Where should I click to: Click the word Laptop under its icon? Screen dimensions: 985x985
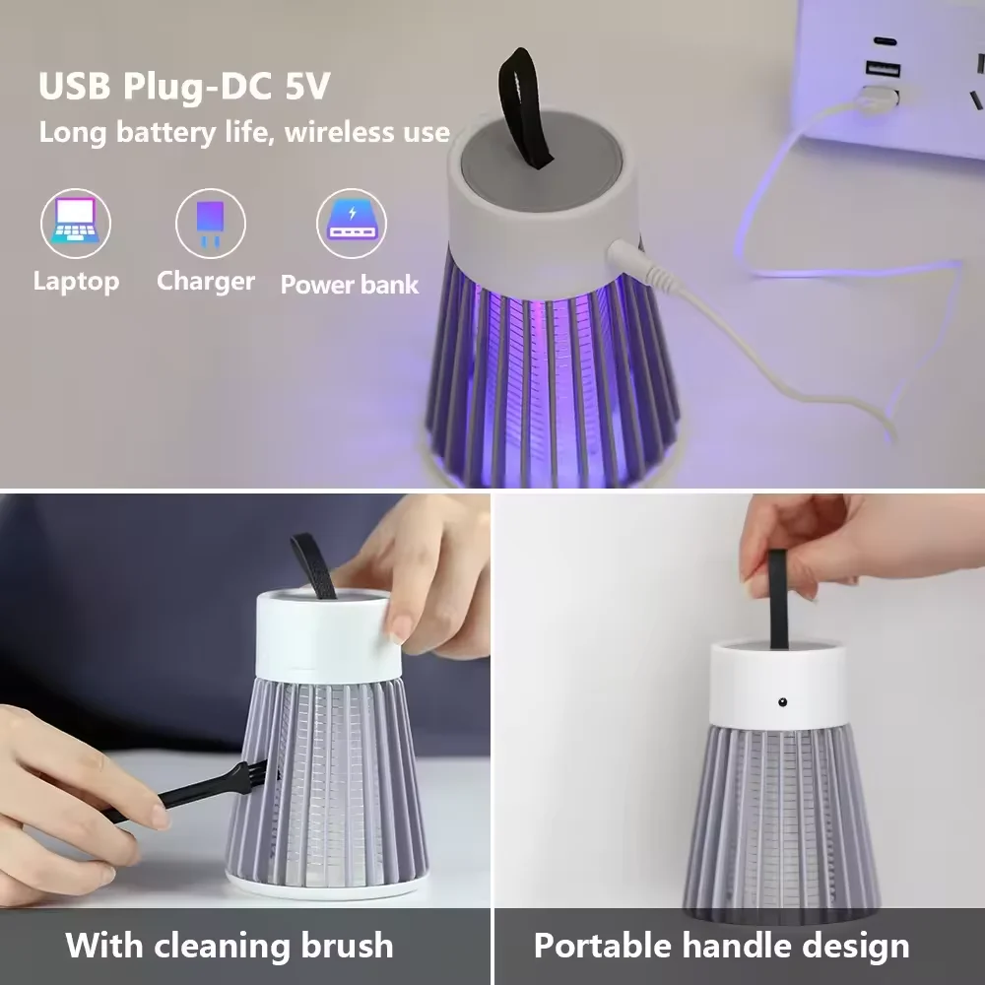[x=76, y=281]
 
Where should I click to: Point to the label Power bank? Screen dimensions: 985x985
[x=350, y=285]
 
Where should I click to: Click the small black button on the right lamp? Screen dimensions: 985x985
[x=782, y=703]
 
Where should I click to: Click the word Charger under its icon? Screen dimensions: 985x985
[x=206, y=281]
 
